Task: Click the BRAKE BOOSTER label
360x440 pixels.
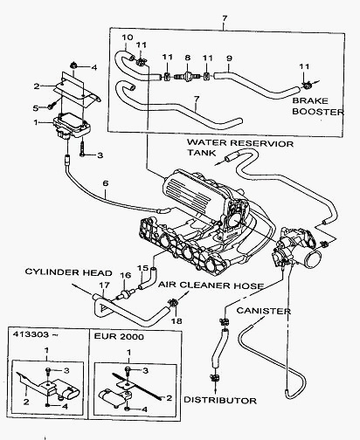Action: pos(318,107)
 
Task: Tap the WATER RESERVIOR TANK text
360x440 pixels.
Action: pos(240,148)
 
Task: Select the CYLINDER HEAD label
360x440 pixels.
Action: pos(69,272)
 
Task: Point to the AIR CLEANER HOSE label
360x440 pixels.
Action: pos(211,285)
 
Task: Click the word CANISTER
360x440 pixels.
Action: pos(264,311)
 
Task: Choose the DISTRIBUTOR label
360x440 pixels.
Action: pos(220,401)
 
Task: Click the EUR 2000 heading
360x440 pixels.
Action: pos(119,337)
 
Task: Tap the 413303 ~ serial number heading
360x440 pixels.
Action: pos(34,334)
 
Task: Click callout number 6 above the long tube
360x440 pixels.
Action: pos(106,183)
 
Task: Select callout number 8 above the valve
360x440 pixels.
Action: pos(188,58)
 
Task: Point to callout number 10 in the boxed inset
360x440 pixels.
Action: pos(128,38)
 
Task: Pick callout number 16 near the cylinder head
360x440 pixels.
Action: pos(126,275)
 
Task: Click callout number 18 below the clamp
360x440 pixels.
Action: pos(177,320)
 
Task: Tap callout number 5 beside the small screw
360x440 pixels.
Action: pos(36,108)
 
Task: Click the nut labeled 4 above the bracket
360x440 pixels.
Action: pos(73,66)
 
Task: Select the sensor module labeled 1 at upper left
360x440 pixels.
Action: pos(72,126)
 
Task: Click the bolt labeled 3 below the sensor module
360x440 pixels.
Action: pos(82,148)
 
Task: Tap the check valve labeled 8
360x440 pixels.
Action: pos(187,77)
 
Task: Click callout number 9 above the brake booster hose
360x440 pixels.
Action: pos(229,58)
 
